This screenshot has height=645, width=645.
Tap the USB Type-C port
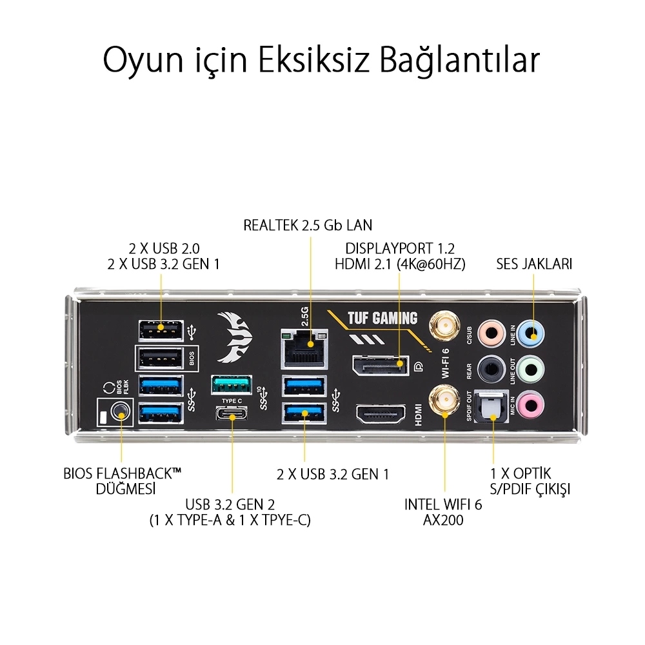232,413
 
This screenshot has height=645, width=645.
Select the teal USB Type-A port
231,384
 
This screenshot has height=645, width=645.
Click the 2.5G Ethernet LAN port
304,349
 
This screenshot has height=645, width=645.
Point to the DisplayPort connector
381,365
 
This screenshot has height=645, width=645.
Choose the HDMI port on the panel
381,413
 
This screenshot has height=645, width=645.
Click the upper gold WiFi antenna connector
444,326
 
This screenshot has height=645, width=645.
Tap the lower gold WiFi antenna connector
444,401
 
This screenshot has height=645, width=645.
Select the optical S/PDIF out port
491,407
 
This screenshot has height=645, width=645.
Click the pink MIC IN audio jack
531,405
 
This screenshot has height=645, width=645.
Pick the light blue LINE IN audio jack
531,333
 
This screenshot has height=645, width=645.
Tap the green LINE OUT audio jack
531,369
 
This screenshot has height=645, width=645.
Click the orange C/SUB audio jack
491,333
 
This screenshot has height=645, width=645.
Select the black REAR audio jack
491,369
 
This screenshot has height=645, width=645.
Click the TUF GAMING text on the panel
382,318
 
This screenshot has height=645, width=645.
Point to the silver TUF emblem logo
234,337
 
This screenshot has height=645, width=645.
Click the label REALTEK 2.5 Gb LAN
308,225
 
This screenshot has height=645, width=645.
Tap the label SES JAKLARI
534,264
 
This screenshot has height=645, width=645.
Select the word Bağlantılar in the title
459,60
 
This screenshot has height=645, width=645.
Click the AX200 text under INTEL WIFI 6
443,520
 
